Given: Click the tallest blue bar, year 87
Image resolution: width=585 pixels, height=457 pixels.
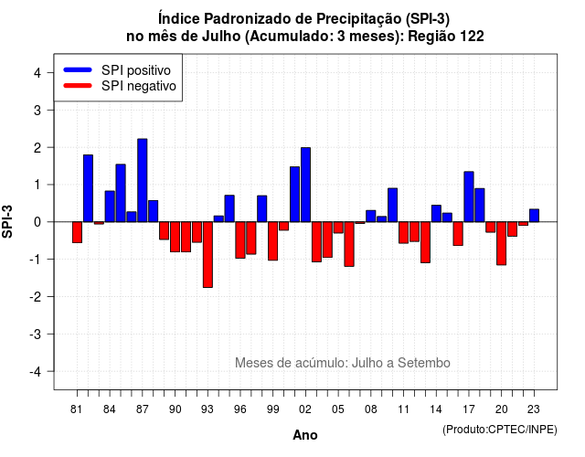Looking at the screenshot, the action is click(143, 181).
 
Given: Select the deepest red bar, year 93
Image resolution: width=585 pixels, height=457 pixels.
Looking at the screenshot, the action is click(207, 255).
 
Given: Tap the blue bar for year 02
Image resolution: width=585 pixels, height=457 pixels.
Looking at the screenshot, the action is click(305, 185).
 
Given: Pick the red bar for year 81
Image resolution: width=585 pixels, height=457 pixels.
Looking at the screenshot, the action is click(77, 232).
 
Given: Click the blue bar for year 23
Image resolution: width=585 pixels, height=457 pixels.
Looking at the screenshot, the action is click(534, 216).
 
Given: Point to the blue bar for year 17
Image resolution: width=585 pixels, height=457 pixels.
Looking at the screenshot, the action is click(469, 197).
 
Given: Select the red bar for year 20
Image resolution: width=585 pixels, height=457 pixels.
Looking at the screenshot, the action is click(502, 244).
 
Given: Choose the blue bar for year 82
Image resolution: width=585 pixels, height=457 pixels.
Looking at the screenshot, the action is click(88, 188).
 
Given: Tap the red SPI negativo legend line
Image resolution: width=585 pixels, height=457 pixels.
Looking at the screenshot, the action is click(78, 86).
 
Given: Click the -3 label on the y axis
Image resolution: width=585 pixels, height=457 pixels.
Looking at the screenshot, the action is click(36, 334).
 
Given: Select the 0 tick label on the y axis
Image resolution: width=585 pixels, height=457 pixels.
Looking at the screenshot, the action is click(37, 222).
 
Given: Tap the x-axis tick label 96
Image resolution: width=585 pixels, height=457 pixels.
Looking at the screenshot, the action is click(240, 409).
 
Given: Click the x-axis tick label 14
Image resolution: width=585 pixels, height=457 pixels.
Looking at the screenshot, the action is click(436, 409).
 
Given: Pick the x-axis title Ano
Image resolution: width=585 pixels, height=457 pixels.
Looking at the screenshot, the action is click(305, 435).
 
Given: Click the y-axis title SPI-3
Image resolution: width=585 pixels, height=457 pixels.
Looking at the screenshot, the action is click(7, 221).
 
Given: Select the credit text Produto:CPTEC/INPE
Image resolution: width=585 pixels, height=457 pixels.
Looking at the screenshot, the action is click(500, 430).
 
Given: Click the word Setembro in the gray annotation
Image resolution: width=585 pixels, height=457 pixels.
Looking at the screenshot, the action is click(424, 363).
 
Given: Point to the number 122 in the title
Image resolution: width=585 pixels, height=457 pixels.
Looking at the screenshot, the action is click(472, 37).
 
